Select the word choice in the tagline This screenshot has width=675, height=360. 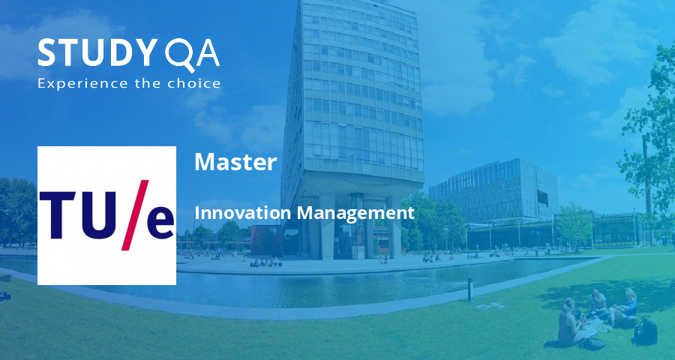pos(198,82)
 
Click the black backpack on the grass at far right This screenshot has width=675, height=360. pos(646,331)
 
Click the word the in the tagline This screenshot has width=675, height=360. pos(151,82)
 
